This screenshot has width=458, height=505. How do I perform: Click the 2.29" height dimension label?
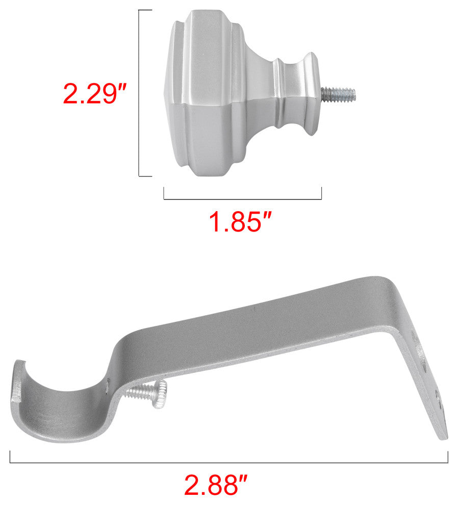[95, 94]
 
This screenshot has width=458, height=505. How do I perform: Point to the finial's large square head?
[206, 93]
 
